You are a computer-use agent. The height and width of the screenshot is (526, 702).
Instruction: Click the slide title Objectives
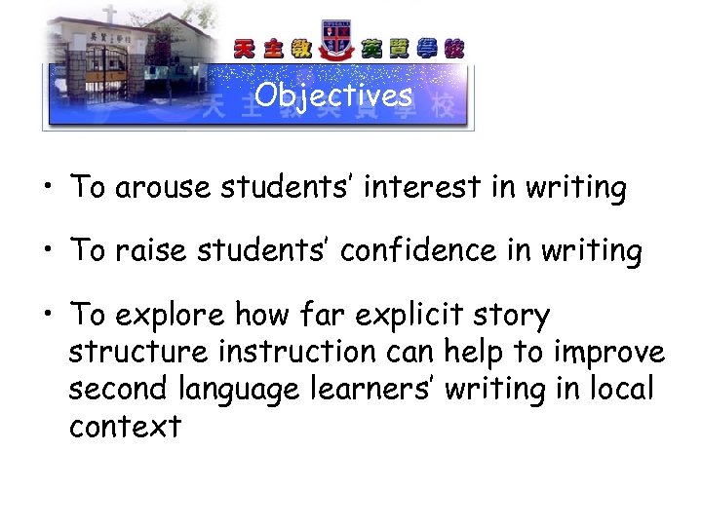pyautogui.click(x=333, y=95)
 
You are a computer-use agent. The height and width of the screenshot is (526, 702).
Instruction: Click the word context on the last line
pyautogui.click(x=125, y=426)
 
